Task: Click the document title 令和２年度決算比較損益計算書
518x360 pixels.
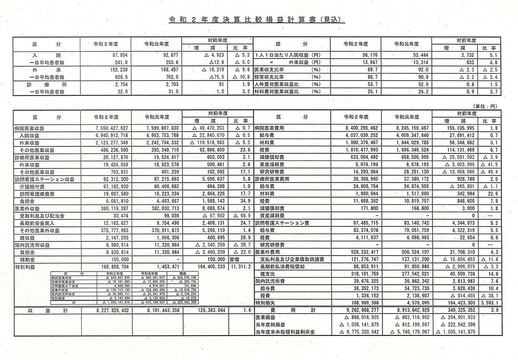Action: (x=257, y=21)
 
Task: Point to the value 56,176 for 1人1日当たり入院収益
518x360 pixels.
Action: (x=358, y=55)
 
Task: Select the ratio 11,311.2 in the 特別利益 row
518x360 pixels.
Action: (x=242, y=266)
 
